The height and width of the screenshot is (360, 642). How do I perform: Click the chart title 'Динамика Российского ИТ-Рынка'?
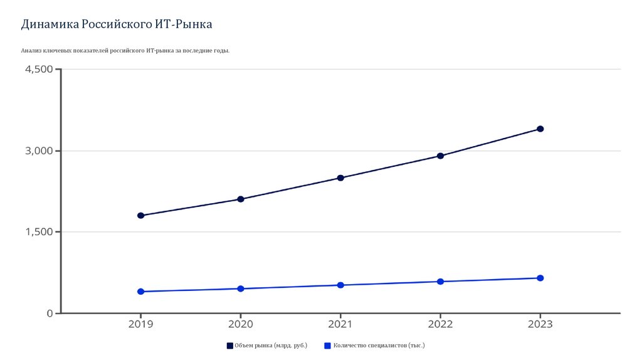coord(117,24)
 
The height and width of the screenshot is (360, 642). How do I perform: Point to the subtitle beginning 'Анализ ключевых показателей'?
coord(125,50)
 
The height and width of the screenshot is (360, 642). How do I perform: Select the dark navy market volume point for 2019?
coord(140,216)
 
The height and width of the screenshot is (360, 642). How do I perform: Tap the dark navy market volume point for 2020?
coord(241,199)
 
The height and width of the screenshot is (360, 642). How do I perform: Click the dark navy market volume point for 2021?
coord(340,177)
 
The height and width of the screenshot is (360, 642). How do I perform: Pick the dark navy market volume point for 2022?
coord(440,156)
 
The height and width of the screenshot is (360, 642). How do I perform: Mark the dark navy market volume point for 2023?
coord(540,129)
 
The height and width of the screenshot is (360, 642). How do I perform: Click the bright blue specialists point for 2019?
coord(140,292)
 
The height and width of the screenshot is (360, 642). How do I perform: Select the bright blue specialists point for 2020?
coord(241,289)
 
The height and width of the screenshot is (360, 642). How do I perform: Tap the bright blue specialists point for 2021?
coord(340,285)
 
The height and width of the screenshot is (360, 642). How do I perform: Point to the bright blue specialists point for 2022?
coord(440,282)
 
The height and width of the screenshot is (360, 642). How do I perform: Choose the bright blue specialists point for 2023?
coord(540,278)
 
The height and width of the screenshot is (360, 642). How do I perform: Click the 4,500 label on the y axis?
coord(39,70)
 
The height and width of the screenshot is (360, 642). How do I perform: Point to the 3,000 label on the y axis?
coord(39,151)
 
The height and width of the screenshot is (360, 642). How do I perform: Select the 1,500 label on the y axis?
coord(39,232)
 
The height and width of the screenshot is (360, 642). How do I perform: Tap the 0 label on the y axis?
coord(50,314)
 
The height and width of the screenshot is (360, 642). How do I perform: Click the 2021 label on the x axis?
coord(340,325)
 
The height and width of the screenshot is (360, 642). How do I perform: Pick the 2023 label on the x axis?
coord(540,325)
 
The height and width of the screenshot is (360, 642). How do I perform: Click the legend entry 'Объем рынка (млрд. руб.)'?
coord(267,346)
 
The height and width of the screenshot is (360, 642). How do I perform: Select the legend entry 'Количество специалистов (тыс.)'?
coord(374,346)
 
